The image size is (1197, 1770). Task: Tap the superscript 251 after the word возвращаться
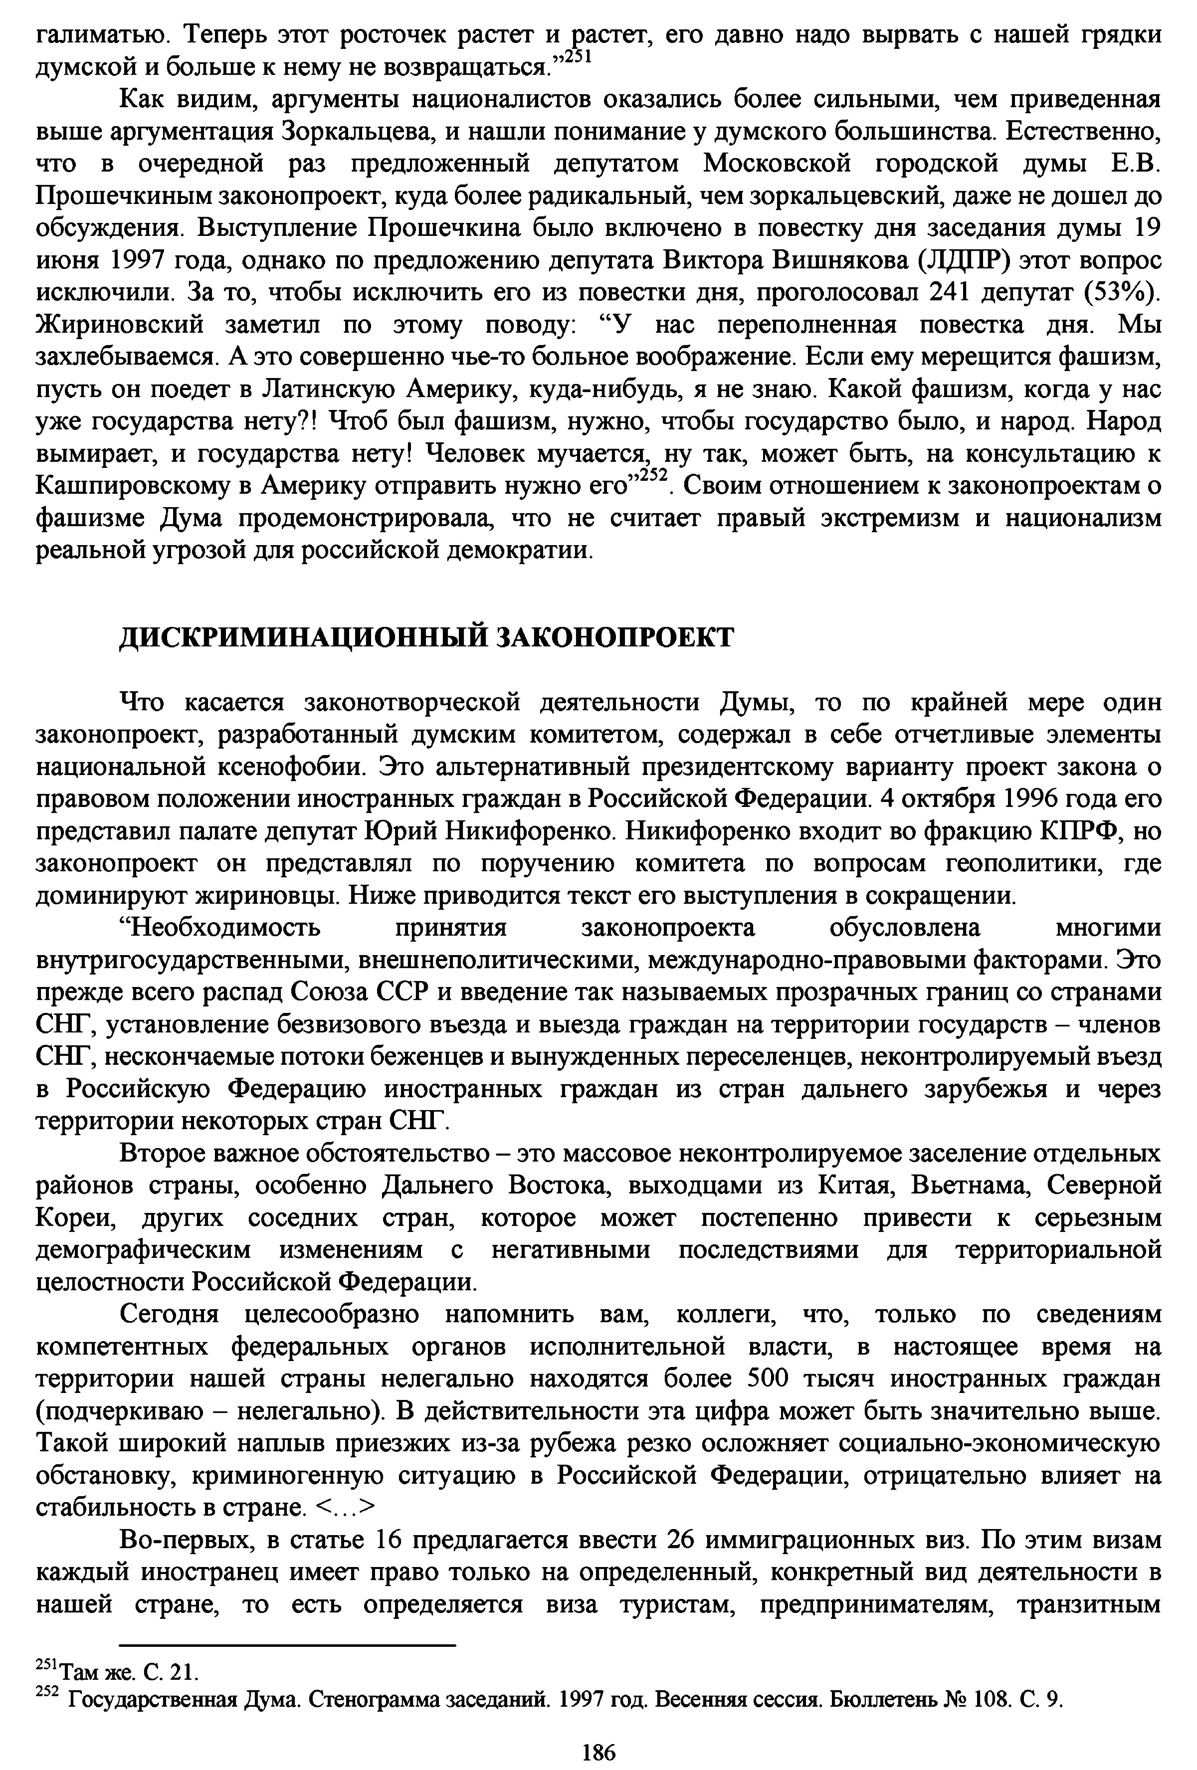[x=577, y=58]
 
